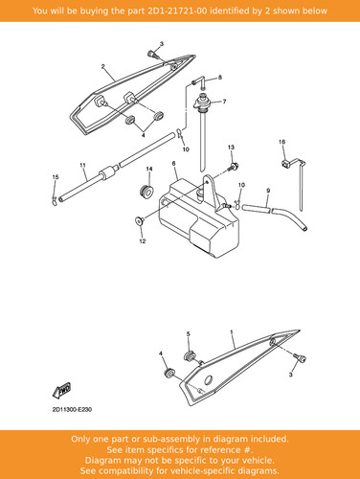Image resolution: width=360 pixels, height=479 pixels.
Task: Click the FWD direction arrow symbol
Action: click(x=62, y=390)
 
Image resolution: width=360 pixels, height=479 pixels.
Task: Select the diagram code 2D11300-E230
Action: click(x=72, y=410)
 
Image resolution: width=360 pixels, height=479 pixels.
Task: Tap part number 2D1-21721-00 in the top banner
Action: click(x=177, y=11)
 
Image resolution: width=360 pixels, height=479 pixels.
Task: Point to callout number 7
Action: click(x=224, y=102)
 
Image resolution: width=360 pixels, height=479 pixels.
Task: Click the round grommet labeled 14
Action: click(x=146, y=191)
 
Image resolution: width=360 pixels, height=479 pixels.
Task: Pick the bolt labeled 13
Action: click(x=234, y=167)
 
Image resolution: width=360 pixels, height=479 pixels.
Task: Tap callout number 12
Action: click(x=143, y=241)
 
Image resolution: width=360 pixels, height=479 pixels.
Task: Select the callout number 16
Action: click(x=282, y=142)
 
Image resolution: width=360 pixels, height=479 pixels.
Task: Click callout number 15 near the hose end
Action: click(x=56, y=177)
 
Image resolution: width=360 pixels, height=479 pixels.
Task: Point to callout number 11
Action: click(x=83, y=165)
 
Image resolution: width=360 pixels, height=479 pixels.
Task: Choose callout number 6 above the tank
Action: click(x=173, y=164)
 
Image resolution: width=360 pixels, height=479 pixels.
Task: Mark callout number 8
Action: click(x=220, y=78)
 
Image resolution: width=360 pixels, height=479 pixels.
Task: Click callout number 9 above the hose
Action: click(x=268, y=191)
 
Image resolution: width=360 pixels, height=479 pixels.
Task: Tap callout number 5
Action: click(x=189, y=334)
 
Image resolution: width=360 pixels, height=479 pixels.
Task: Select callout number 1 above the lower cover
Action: click(x=232, y=332)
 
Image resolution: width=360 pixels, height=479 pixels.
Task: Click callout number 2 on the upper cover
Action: click(x=102, y=66)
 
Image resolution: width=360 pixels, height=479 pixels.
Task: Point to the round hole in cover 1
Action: click(x=209, y=380)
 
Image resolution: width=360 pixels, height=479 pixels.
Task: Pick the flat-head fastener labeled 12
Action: click(x=140, y=220)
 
